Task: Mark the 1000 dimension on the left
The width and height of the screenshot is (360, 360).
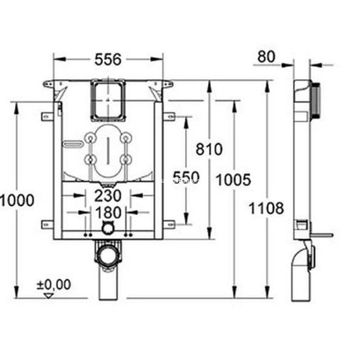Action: click(18, 199)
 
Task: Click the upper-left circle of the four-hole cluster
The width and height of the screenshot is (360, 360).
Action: click(91, 138)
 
